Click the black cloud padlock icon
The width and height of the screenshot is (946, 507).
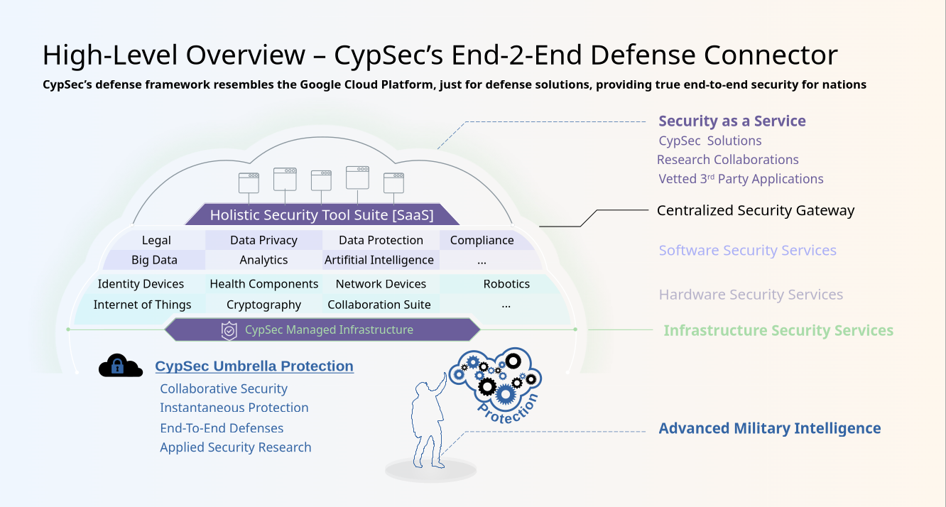(120, 366)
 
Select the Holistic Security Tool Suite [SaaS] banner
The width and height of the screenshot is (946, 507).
(322, 214)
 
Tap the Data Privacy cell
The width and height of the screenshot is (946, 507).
(263, 240)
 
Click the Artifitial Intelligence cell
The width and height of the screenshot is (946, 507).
(379, 260)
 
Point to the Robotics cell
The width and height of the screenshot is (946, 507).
(506, 284)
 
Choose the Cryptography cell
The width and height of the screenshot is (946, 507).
(263, 305)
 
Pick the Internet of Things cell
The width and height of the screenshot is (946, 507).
(142, 305)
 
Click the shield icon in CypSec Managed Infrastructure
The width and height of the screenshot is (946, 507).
(229, 330)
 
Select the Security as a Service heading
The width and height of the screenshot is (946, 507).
(732, 121)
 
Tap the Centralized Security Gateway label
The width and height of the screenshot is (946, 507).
(756, 210)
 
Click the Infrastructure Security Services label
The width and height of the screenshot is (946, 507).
(778, 330)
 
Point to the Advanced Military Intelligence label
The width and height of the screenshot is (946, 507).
(770, 428)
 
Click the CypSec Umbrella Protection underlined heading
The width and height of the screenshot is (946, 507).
(254, 366)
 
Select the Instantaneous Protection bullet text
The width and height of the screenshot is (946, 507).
(234, 408)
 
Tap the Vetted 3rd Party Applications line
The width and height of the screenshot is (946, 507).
(741, 179)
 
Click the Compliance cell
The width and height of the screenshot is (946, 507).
(482, 240)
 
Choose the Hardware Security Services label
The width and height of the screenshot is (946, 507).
(751, 295)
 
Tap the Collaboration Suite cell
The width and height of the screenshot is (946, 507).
(379, 305)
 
